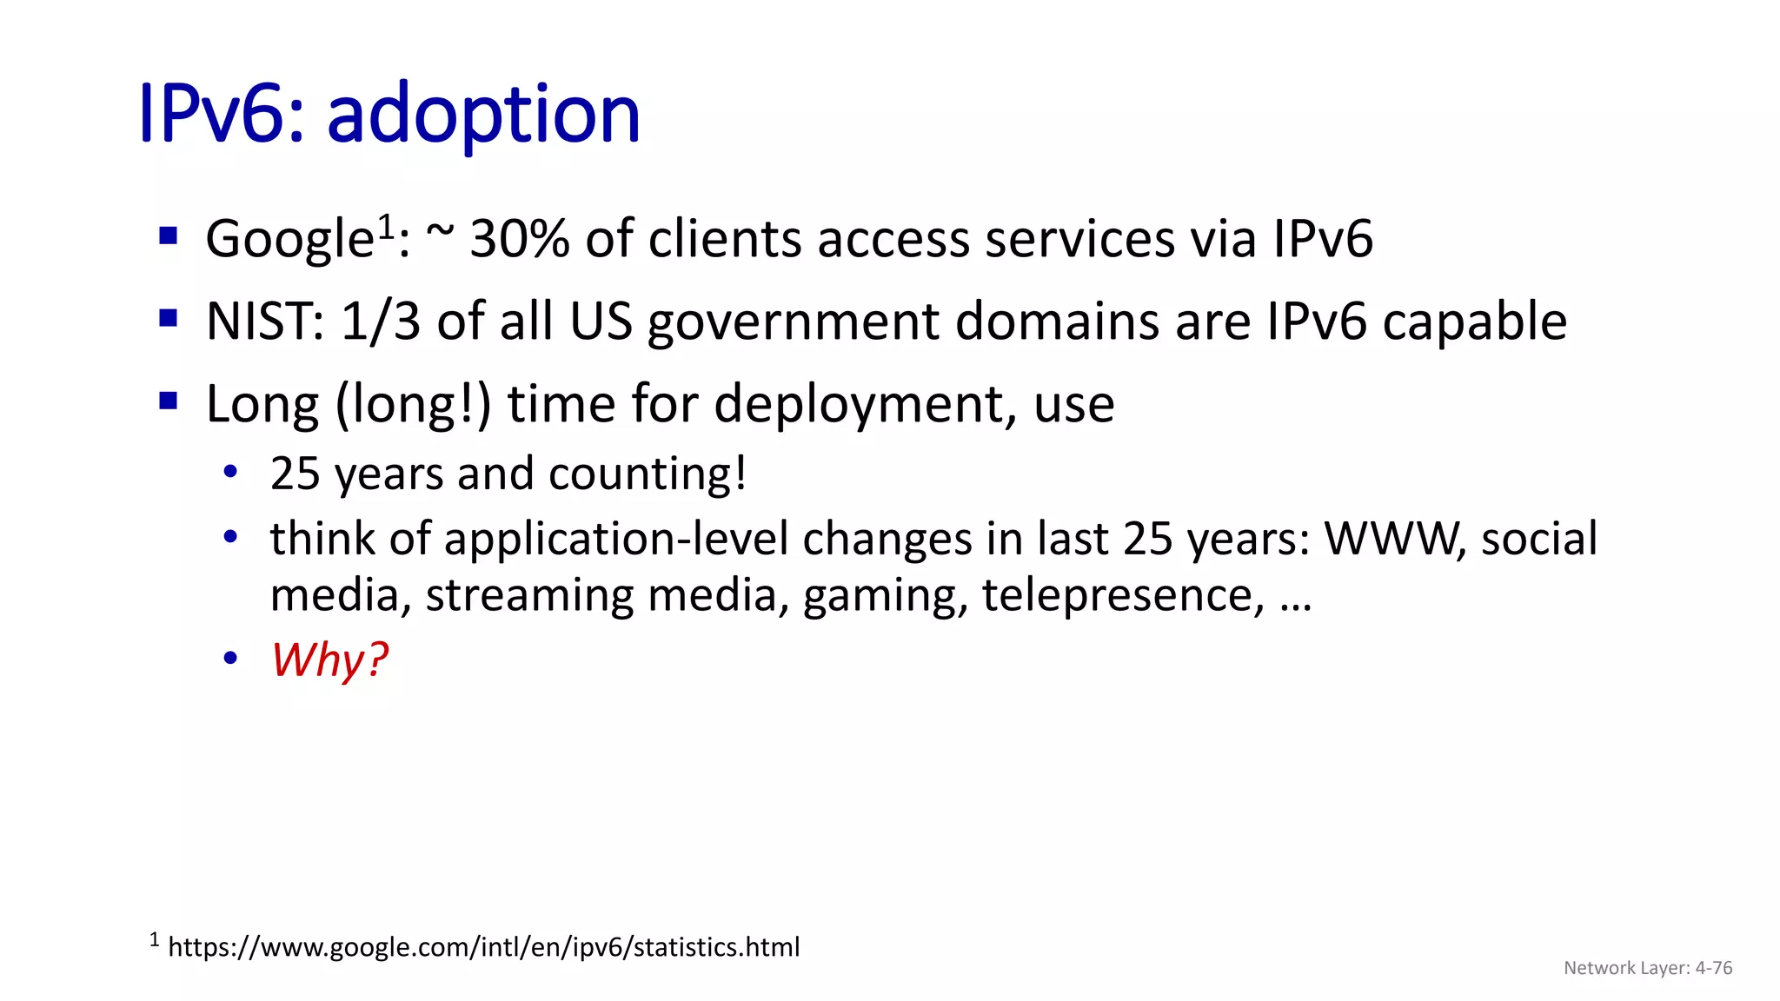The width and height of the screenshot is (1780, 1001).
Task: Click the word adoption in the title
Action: click(x=483, y=114)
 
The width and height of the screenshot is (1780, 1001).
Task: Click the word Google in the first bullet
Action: click(x=289, y=239)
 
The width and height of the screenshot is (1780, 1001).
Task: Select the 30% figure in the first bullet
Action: click(x=519, y=239)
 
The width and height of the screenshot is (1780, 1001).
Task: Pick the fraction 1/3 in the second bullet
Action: click(x=381, y=322)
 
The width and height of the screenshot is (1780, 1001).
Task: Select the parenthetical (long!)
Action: click(x=413, y=404)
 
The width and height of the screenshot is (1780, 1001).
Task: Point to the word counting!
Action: click(x=648, y=474)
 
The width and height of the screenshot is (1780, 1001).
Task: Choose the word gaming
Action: click(x=884, y=595)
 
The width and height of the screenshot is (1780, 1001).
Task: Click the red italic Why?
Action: click(x=329, y=660)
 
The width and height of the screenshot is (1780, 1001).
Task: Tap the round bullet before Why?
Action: click(x=230, y=659)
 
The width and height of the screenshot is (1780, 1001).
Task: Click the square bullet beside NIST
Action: click(x=169, y=318)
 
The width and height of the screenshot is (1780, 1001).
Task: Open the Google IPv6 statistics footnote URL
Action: click(x=483, y=946)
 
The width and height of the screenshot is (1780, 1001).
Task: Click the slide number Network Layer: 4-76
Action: click(x=1647, y=968)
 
